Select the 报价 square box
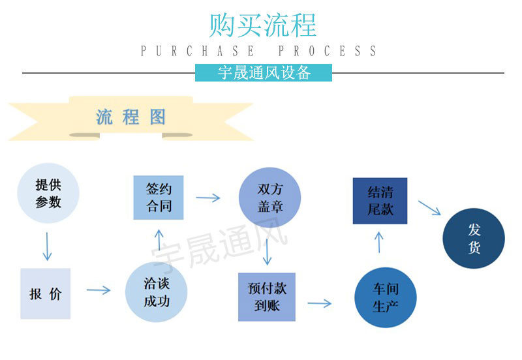click(x=45, y=293)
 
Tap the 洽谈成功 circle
click(x=156, y=292)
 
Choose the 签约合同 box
click(x=159, y=198)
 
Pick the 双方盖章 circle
click(x=269, y=198)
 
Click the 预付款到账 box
click(x=267, y=296)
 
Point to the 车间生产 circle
click(x=386, y=297)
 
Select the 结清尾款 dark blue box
click(x=380, y=201)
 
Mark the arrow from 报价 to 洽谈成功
click(x=98, y=290)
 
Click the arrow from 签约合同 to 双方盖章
click(x=208, y=197)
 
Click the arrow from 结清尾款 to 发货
click(x=429, y=208)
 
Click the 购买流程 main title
click(x=262, y=25)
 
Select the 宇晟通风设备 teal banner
click(x=264, y=72)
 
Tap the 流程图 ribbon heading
click(x=130, y=117)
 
